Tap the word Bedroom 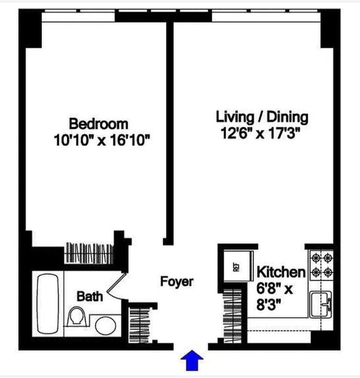tap(98, 123)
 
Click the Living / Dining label tap(262, 117)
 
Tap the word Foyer tap(177, 282)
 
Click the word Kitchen tap(281, 272)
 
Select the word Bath tap(90, 297)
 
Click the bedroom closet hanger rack tap(89, 252)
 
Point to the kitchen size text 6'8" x tap(274, 289)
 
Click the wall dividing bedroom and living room tap(170, 131)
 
